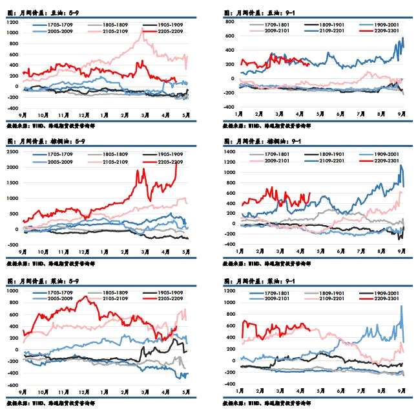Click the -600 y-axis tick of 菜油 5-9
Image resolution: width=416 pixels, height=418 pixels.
[13, 385]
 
